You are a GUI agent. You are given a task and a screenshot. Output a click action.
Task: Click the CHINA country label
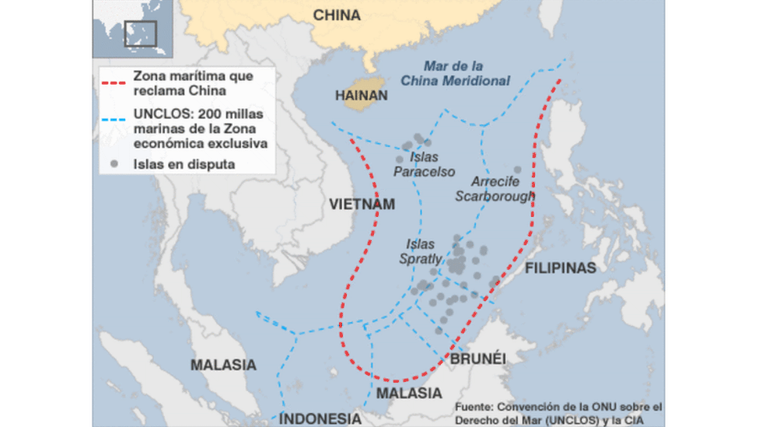point(337,16)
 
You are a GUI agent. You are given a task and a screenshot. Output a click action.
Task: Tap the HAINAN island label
point(361,96)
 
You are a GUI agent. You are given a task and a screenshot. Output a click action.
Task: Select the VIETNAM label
point(362,205)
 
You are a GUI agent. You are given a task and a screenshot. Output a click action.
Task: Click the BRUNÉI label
point(478,359)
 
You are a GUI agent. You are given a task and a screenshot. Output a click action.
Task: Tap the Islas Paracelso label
point(424,165)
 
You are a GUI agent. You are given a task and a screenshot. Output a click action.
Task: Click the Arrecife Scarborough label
point(495,189)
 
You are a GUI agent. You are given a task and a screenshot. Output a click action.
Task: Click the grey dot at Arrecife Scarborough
point(517,170)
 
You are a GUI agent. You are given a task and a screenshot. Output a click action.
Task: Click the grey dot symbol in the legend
point(115,164)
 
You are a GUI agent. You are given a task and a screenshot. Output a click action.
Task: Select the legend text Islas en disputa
point(184,164)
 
